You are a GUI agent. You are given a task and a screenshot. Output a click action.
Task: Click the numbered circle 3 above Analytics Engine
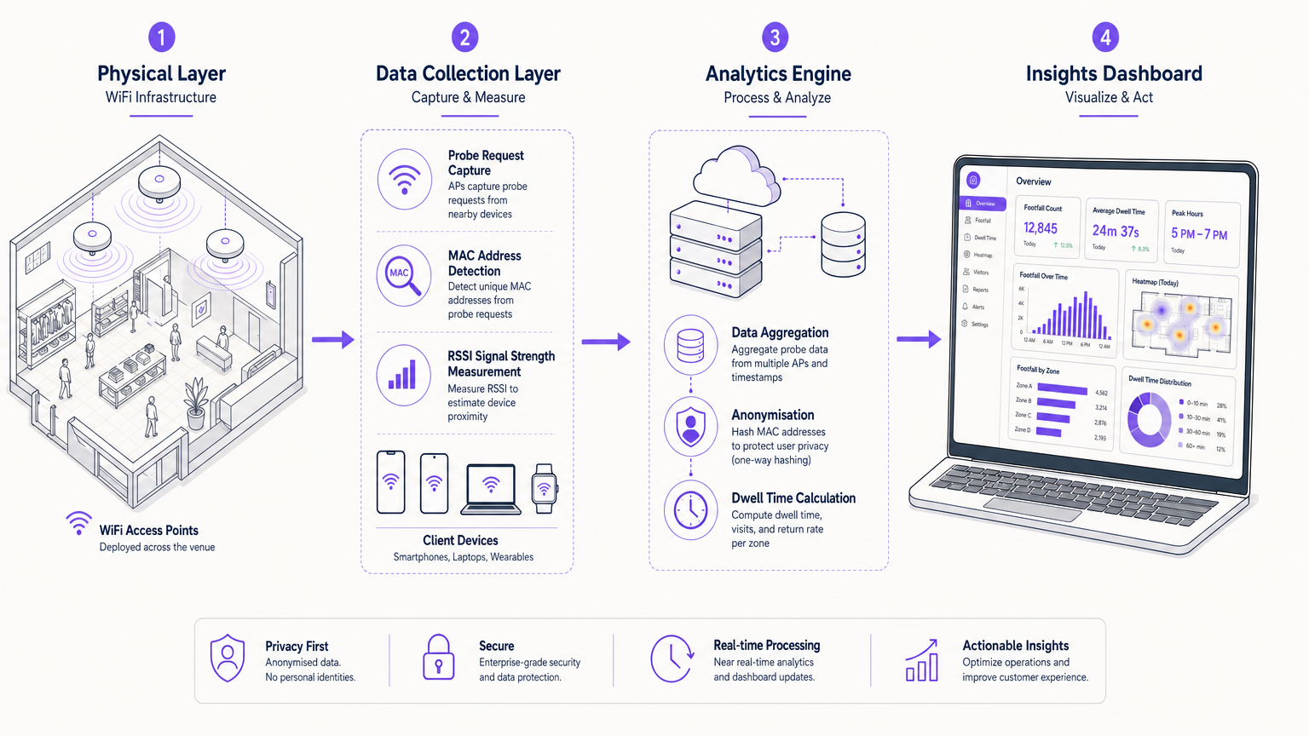click(775, 37)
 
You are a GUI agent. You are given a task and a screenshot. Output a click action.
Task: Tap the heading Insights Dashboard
click(1114, 74)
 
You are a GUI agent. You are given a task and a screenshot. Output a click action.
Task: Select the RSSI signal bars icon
click(403, 376)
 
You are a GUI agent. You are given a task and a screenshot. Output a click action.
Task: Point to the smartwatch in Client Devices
click(544, 489)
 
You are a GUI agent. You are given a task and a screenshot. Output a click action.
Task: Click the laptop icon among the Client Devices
click(491, 489)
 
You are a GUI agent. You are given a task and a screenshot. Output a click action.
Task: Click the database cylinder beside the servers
click(843, 244)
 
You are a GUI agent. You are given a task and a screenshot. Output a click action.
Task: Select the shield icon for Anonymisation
click(690, 428)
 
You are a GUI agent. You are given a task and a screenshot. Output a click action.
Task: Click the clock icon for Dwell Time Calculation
click(690, 510)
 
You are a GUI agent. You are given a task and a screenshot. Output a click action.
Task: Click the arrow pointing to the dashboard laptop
click(918, 339)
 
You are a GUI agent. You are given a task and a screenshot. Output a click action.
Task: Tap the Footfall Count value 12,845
click(1041, 228)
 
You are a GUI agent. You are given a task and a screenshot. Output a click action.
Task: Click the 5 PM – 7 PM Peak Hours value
click(1199, 234)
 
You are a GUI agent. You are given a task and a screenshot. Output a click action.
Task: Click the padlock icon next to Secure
click(439, 658)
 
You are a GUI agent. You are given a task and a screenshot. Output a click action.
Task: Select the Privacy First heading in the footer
click(297, 647)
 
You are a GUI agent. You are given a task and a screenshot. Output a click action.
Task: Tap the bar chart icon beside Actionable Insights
click(922, 661)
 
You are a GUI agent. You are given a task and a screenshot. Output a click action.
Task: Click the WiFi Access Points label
click(148, 531)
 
